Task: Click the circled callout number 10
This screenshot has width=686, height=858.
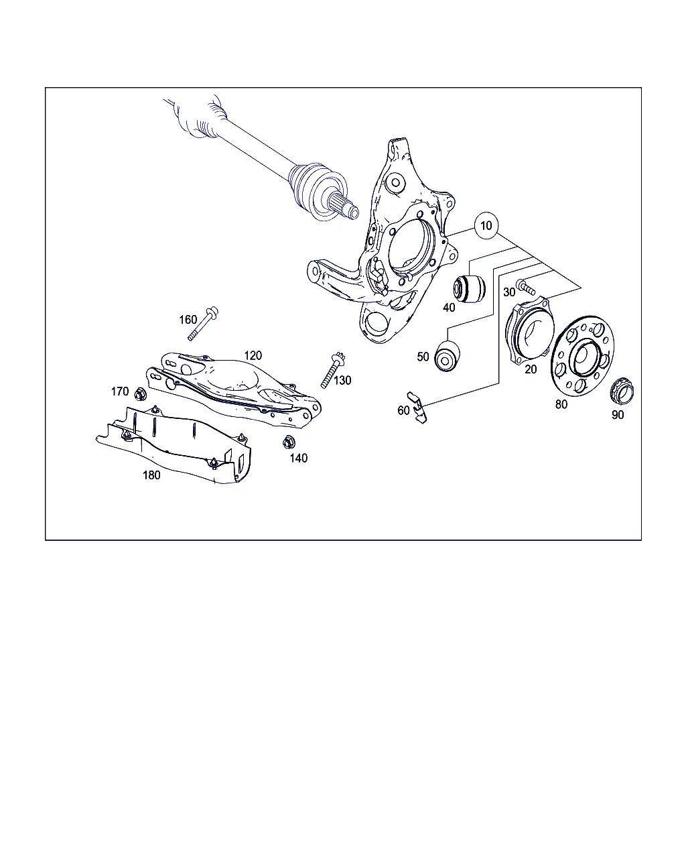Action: click(x=486, y=226)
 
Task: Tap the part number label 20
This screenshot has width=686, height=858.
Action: click(x=530, y=369)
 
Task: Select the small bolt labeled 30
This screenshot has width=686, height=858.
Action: click(x=525, y=287)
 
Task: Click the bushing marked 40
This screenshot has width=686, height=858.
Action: click(x=470, y=288)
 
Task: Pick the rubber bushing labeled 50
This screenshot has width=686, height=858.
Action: click(x=447, y=356)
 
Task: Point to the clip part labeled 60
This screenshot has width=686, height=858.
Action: click(x=417, y=407)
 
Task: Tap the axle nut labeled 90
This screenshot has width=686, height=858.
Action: click(x=622, y=390)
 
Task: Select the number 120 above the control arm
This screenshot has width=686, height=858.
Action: click(x=253, y=355)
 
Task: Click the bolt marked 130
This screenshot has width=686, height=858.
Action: click(x=333, y=369)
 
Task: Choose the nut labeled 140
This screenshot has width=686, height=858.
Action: click(x=289, y=442)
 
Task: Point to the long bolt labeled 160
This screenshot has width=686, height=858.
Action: click(x=203, y=323)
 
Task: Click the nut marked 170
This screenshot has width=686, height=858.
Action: click(x=140, y=394)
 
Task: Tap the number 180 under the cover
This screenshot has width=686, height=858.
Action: click(x=151, y=475)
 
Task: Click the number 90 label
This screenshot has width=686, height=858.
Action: click(x=618, y=415)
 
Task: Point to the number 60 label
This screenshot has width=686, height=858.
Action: click(x=403, y=410)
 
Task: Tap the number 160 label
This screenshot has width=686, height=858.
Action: click(x=188, y=319)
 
